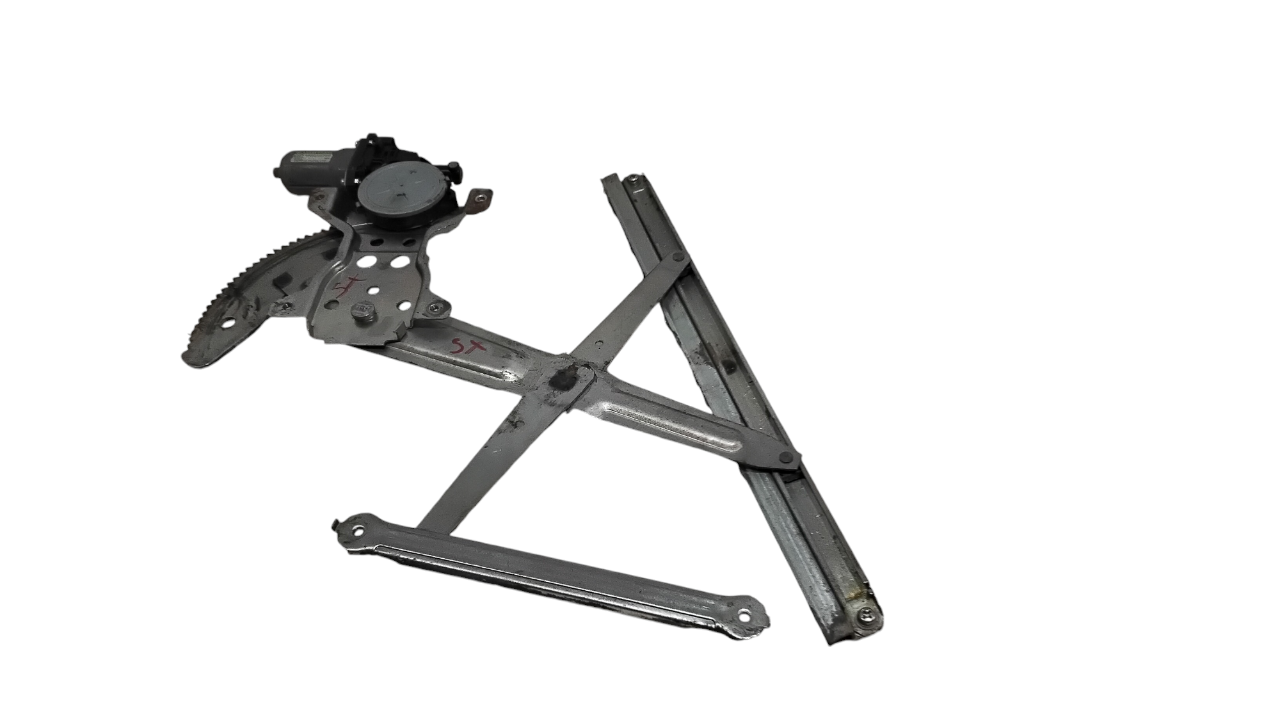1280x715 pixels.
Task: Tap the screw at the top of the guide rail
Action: click(632, 180)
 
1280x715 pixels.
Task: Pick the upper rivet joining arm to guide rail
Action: click(679, 258)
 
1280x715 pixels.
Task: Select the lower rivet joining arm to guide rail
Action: click(785, 456)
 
